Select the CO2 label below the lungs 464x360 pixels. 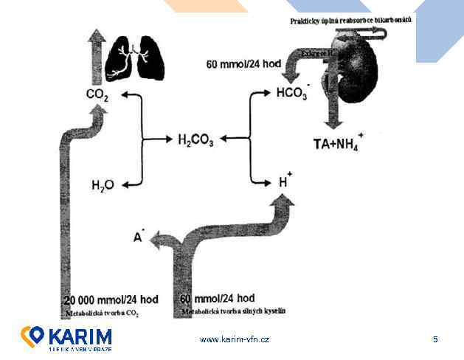(x=97, y=94)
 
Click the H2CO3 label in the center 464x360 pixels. (x=195, y=139)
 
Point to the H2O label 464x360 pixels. (x=103, y=184)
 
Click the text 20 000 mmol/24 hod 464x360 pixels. (x=111, y=300)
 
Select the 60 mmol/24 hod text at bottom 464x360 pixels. (x=218, y=298)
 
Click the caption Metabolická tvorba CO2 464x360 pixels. (x=103, y=313)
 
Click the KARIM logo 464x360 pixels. (x=66, y=338)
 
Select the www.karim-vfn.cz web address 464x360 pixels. (x=235, y=339)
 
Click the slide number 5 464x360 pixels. (x=435, y=339)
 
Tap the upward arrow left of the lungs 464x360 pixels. (x=94, y=55)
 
